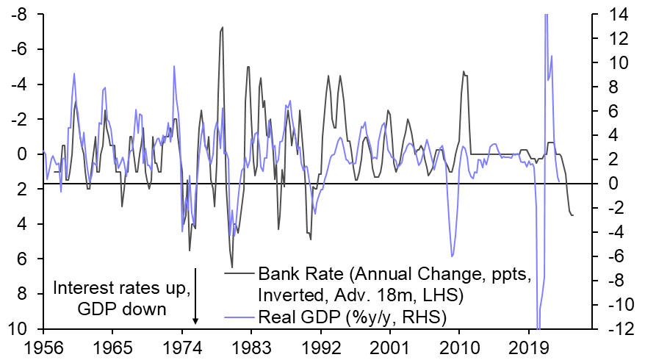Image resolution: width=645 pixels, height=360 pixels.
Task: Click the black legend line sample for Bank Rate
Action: (239, 275)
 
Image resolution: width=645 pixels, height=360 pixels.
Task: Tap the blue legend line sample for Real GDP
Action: (239, 316)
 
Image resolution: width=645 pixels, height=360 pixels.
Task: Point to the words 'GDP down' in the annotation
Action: (122, 309)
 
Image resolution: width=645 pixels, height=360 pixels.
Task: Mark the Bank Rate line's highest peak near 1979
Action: (223, 28)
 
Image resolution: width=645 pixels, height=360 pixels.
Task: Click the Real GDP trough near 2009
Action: (453, 256)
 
